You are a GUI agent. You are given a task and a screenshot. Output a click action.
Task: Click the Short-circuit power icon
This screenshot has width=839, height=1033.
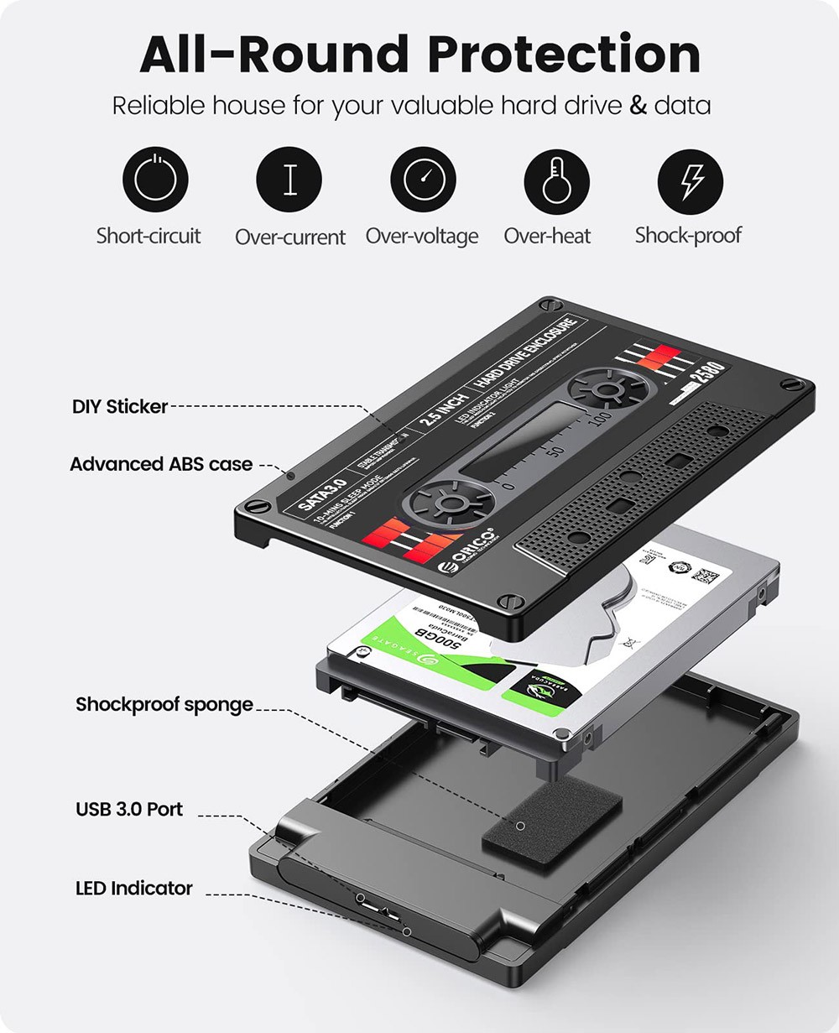[155, 180]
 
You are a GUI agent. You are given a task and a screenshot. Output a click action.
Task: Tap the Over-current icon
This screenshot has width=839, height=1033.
[289, 180]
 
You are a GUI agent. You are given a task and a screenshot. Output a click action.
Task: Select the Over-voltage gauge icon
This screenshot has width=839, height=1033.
[423, 180]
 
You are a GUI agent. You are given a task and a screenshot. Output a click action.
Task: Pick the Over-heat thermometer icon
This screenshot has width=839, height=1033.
[556, 180]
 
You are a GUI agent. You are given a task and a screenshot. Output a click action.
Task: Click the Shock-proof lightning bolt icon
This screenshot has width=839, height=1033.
[690, 180]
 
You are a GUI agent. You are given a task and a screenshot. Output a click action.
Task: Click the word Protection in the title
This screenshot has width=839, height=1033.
[564, 55]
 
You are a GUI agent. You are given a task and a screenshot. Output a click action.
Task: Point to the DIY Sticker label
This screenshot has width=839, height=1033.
[119, 407]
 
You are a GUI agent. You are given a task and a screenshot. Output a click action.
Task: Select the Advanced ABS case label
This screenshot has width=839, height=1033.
[161, 464]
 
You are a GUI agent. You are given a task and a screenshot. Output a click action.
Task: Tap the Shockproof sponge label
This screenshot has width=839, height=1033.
[164, 704]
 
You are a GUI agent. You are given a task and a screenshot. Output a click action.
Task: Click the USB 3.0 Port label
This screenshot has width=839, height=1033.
[129, 810]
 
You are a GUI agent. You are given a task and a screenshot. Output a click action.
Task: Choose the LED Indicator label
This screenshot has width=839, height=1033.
[134, 888]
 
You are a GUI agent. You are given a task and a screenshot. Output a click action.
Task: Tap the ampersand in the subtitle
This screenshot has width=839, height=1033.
[638, 106]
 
